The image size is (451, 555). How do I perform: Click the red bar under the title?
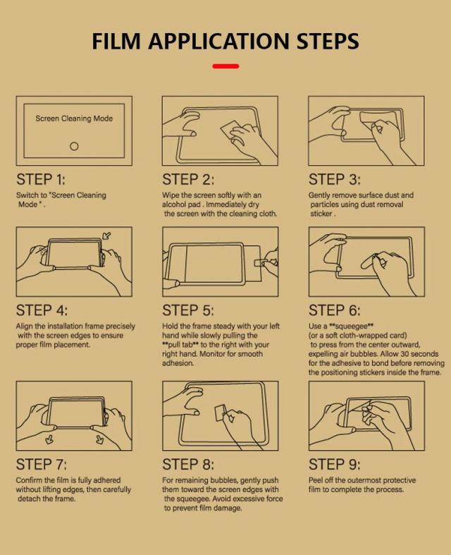click(x=225, y=66)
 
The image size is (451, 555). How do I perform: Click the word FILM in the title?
click(x=116, y=41)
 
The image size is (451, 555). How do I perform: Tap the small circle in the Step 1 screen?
click(x=74, y=146)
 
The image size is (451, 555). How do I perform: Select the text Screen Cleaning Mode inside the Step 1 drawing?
click(x=74, y=118)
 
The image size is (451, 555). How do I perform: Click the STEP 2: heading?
click(x=188, y=179)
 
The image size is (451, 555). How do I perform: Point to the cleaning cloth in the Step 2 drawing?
click(x=231, y=130)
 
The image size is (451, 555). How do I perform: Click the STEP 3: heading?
click(x=334, y=179)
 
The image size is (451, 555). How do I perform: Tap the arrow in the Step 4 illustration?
click(x=106, y=236)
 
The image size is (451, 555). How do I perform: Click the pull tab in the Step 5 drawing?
click(x=261, y=262)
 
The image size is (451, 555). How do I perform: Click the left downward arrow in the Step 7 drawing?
click(x=49, y=439)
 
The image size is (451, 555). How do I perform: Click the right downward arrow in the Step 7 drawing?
click(x=100, y=439)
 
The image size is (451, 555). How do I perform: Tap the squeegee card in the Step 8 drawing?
click(x=221, y=413)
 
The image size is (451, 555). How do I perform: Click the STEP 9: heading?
click(x=334, y=465)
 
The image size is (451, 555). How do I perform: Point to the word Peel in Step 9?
click(x=316, y=480)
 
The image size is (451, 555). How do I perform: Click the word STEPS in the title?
click(x=328, y=41)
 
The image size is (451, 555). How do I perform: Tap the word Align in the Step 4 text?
click(x=25, y=327)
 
